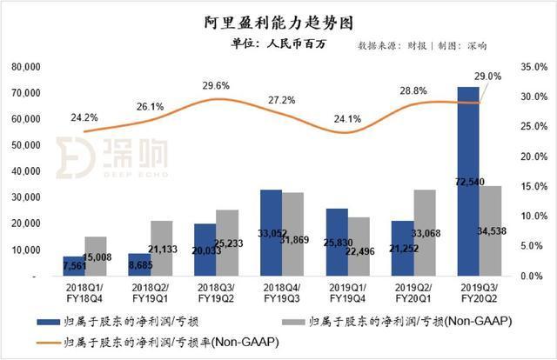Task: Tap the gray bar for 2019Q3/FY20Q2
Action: [491, 231]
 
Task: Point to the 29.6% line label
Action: [215, 86]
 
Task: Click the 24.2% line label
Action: [84, 117]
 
